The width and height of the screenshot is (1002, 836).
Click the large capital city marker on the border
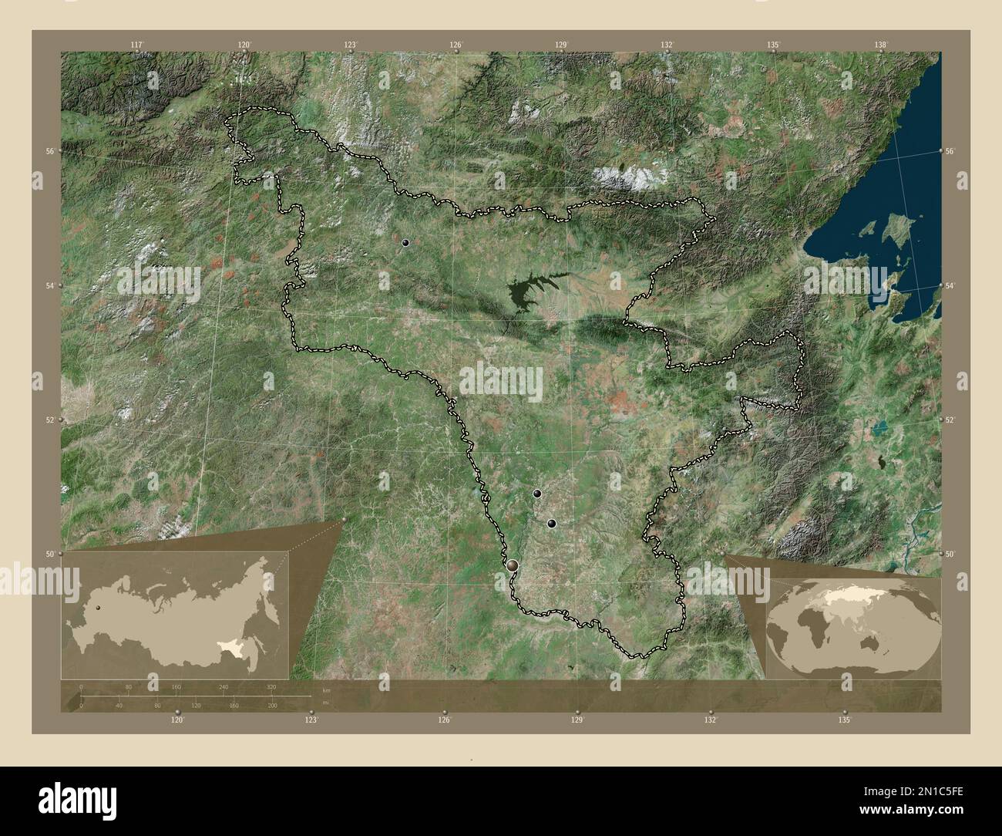[x=513, y=565]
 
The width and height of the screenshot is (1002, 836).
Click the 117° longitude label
[x=137, y=45]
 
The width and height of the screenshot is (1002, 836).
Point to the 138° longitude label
[x=881, y=45]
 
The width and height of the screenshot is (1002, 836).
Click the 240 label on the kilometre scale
[x=224, y=686]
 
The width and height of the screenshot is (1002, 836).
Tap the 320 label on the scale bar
[x=271, y=686]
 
